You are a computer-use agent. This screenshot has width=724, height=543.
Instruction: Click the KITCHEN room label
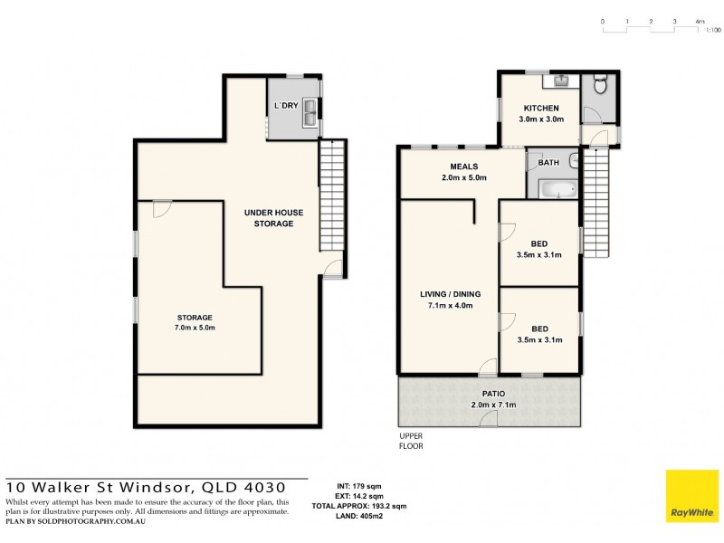click(540, 109)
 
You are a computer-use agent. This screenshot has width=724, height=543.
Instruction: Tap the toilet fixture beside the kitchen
click(596, 87)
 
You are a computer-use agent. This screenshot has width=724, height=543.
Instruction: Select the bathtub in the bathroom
click(557, 189)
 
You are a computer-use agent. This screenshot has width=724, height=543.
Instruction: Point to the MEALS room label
click(463, 167)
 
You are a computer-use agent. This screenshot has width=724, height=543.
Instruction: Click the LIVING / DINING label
click(450, 294)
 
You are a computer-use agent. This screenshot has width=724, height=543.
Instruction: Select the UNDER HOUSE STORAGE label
click(274, 218)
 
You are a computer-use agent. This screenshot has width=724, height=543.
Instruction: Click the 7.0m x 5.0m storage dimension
click(195, 328)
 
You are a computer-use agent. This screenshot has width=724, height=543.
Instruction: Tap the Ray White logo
click(691, 497)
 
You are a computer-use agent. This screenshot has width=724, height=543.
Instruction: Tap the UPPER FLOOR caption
click(411, 441)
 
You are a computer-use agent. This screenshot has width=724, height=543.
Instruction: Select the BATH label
click(549, 164)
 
